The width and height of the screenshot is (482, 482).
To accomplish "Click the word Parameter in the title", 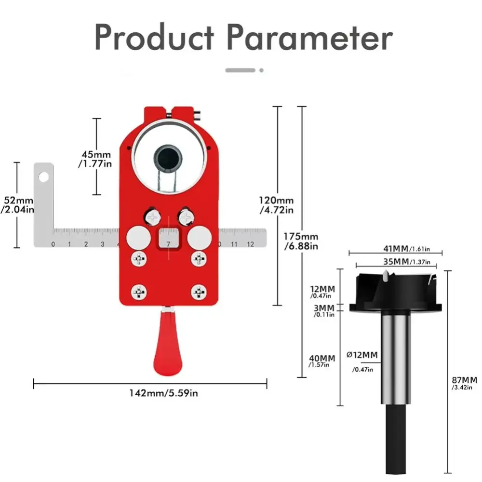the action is [x=310, y=38].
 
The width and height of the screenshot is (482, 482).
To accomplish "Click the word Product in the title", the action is [x=154, y=37].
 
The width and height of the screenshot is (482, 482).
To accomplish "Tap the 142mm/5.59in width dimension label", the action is [x=163, y=393].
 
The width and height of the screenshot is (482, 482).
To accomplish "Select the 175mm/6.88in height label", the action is [x=301, y=241].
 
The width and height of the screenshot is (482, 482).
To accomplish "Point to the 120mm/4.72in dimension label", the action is [x=276, y=205].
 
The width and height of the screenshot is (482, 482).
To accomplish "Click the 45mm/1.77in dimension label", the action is [x=95, y=159].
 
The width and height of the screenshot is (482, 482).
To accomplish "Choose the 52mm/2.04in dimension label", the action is [x=17, y=205].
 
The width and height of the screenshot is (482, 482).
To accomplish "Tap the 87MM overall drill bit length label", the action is [x=465, y=383].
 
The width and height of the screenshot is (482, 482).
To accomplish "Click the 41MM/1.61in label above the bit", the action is [x=407, y=248].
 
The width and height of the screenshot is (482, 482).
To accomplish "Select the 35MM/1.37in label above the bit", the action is [x=407, y=262].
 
